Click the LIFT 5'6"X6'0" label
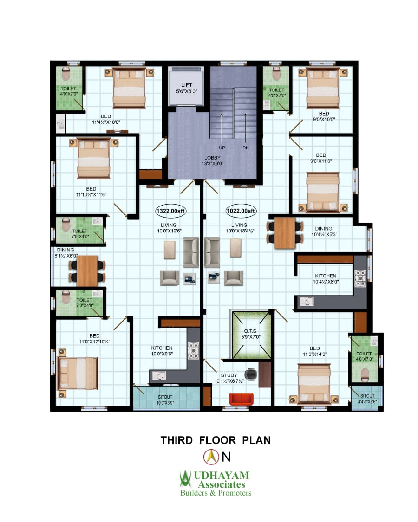pyautogui.click(x=187, y=88)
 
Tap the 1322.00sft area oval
pyautogui.click(x=170, y=211)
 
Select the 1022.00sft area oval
pyautogui.click(x=241, y=211)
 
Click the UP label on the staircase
pyautogui.click(x=222, y=148)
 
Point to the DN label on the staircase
pyautogui.click(x=246, y=148)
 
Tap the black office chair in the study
pyautogui.click(x=251, y=374)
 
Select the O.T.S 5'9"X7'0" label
pyautogui.click(x=251, y=334)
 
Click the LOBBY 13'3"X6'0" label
pyautogui.click(x=212, y=161)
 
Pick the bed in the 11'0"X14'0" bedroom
pyautogui.click(x=314, y=384)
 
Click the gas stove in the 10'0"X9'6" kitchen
pyautogui.click(x=193, y=351)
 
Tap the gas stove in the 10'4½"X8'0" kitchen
pyautogui.click(x=360, y=278)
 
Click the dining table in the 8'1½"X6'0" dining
pyautogui.click(x=87, y=271)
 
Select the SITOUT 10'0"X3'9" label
pyautogui.click(x=165, y=400)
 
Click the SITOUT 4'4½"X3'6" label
pyautogui.click(x=367, y=399)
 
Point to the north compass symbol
pyautogui.click(x=211, y=457)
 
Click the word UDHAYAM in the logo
pyautogui.click(x=222, y=475)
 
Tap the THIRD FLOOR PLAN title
pyautogui.click(x=216, y=440)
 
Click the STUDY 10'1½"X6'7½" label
pyautogui.click(x=229, y=378)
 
